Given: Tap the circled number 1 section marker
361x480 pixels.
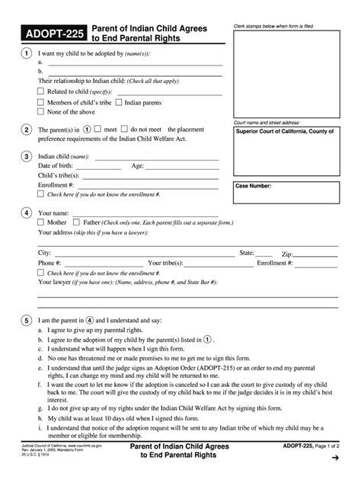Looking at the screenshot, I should pos(26,54).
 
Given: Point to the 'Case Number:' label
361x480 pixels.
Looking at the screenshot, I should pos(254,186).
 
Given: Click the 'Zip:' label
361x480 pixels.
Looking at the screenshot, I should pos(287,252).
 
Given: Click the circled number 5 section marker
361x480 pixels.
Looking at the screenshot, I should pos(26,320).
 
